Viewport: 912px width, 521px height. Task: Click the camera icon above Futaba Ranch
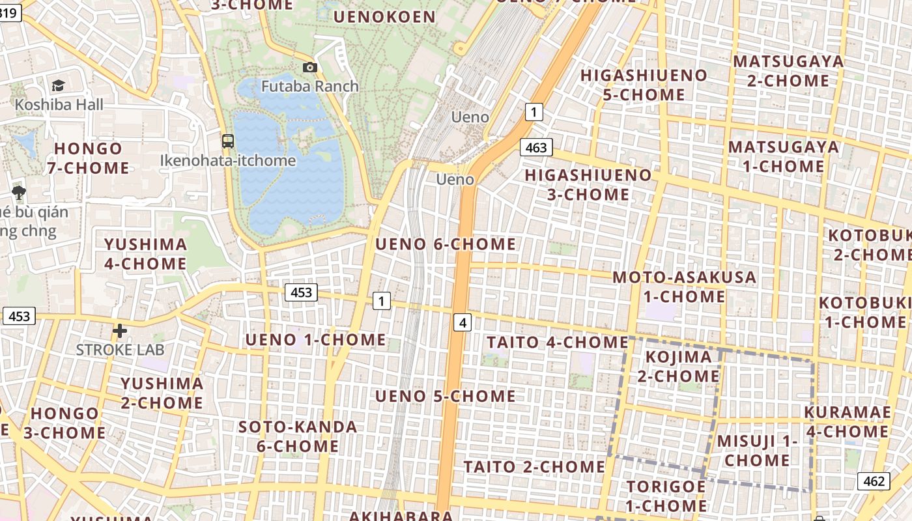point(310,67)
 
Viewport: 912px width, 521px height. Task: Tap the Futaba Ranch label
point(310,86)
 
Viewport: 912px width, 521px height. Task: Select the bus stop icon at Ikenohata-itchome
point(228,141)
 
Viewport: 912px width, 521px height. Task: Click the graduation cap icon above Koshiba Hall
point(58,85)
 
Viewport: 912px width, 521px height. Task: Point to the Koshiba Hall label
point(59,104)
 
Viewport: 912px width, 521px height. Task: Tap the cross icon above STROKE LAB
point(120,331)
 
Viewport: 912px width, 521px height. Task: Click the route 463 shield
point(536,148)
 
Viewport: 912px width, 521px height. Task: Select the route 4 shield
point(463,322)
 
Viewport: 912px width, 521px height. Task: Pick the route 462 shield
point(874,481)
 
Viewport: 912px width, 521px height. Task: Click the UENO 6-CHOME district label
point(446,244)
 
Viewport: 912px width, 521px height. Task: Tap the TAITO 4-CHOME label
point(557,342)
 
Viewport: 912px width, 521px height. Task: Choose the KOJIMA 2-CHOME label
point(678,366)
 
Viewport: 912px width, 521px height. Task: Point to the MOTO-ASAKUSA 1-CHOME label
point(684,287)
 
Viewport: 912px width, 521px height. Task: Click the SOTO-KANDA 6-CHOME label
point(298,436)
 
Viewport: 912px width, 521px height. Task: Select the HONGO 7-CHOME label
point(88,158)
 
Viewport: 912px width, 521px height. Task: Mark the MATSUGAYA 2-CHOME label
point(788,71)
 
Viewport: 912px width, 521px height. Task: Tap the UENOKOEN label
point(384,17)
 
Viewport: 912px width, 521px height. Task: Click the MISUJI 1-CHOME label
point(758,451)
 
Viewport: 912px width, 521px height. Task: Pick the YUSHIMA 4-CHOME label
point(145,254)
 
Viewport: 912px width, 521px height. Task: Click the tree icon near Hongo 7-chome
point(19,192)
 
